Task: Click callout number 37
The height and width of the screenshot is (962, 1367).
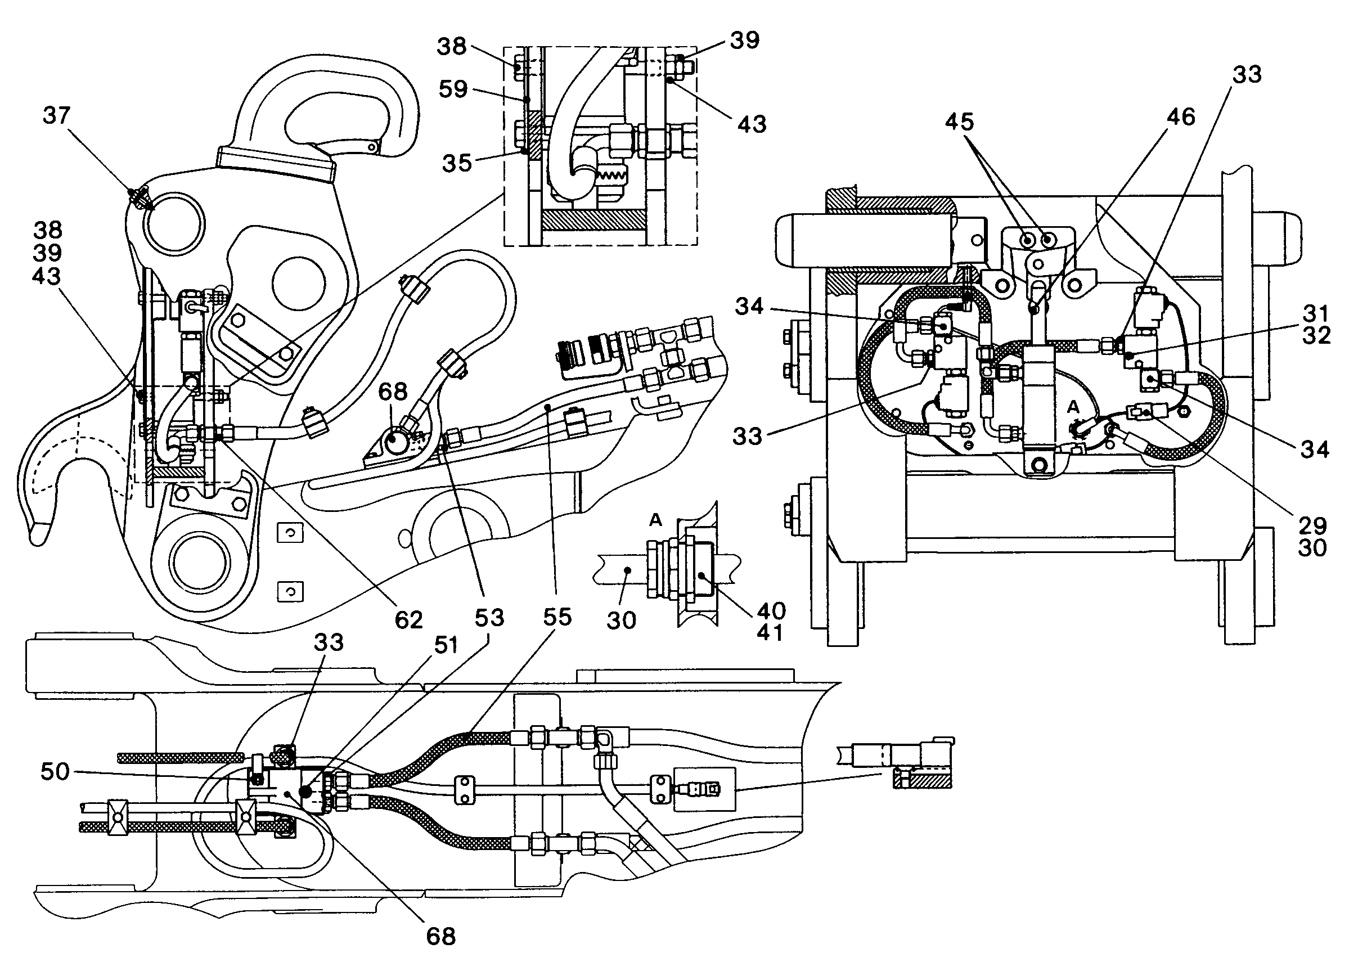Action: point(57,115)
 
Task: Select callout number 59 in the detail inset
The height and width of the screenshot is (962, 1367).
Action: point(453,89)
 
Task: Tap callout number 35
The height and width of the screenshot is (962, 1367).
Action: point(457,163)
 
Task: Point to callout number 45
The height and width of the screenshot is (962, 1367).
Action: point(959,122)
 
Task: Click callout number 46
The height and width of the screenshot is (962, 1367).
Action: point(1181,116)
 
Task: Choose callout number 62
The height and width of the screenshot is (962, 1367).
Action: point(408,621)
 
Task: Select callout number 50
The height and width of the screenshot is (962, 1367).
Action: point(55,771)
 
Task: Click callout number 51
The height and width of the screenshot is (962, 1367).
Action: point(446,645)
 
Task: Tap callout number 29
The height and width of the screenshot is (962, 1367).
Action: point(1312,525)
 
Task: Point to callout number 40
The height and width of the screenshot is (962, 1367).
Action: point(771,611)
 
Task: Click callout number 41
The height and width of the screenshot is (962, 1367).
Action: point(770,633)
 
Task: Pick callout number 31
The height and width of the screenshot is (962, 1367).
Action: point(1316,313)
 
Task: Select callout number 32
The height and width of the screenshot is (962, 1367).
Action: point(1316,335)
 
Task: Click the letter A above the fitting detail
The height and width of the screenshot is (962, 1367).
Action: point(655,520)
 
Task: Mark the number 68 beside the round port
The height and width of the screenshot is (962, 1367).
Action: point(393,392)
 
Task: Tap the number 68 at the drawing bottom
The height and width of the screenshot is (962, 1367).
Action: point(441,936)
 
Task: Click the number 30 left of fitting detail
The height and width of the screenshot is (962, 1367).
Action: point(622,621)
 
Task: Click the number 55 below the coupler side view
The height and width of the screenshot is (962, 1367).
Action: point(557,617)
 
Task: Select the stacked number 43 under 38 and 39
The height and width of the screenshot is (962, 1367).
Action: point(47,276)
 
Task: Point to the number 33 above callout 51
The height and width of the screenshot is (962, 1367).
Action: point(329,642)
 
